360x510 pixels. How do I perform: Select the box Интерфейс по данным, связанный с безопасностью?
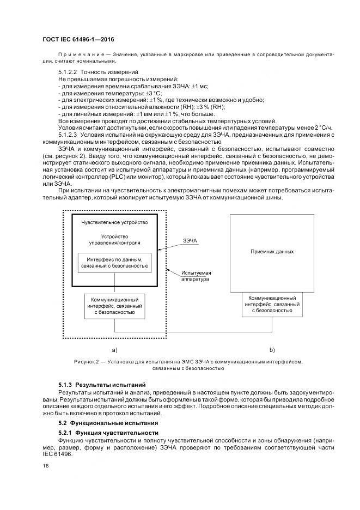click(114, 263)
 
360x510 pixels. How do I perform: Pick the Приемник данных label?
click(272, 252)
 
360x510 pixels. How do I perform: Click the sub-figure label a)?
click(114, 349)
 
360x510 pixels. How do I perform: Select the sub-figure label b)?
click(272, 349)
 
